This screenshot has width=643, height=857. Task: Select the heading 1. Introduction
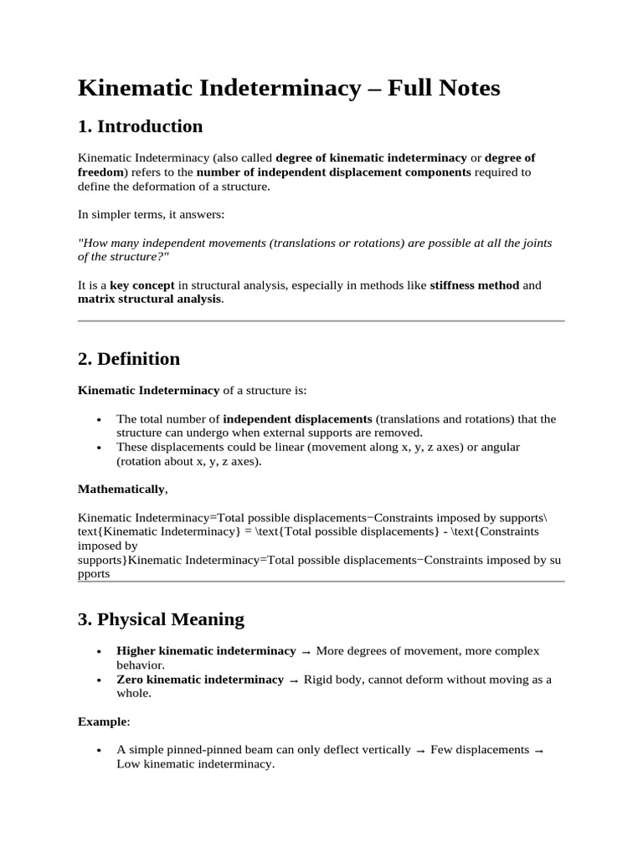[140, 127]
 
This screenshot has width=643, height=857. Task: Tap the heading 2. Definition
[128, 359]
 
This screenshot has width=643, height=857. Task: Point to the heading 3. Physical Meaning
[161, 620]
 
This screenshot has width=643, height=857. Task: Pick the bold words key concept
[142, 285]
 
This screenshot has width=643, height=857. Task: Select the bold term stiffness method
[475, 285]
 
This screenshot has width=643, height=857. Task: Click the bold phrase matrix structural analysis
[149, 299]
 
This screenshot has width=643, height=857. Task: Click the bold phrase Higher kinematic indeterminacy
[206, 651]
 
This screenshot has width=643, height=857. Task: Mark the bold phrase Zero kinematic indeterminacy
[200, 680]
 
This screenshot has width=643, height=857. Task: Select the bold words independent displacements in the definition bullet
[297, 419]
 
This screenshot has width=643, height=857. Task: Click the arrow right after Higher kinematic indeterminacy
[306, 652]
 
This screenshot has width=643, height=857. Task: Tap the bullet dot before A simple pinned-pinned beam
[100, 751]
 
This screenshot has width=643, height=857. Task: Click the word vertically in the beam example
[383, 750]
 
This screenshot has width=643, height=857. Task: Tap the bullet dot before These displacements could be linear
[100, 448]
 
